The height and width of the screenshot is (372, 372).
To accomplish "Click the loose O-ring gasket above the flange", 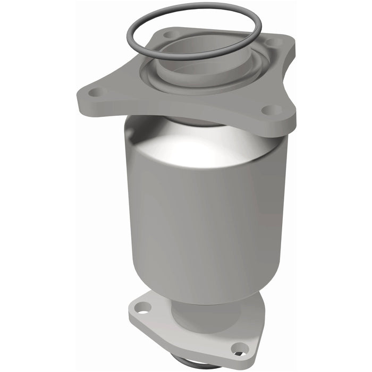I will click(194, 11).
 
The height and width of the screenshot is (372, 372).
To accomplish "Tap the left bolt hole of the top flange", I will click(96, 92).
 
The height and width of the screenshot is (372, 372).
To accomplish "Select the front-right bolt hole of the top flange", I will click(272, 110).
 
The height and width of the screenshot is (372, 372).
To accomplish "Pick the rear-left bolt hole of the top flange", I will click(170, 35).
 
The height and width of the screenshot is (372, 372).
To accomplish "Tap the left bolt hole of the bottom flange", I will click(142, 307).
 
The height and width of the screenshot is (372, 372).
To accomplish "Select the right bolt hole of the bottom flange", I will click(239, 349).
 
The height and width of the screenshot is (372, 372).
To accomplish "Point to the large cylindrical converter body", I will click(207, 213).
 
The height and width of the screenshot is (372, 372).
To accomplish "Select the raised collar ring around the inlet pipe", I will click(159, 80).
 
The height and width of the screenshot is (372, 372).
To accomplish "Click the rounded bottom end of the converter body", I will click(207, 290).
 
